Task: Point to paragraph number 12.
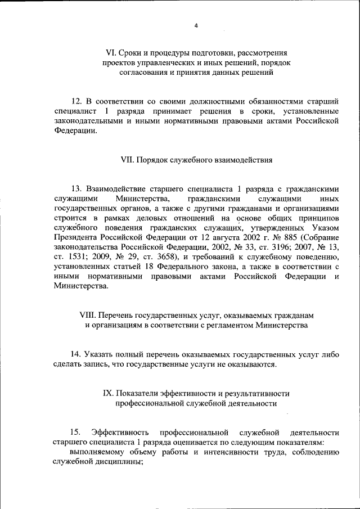76,101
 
